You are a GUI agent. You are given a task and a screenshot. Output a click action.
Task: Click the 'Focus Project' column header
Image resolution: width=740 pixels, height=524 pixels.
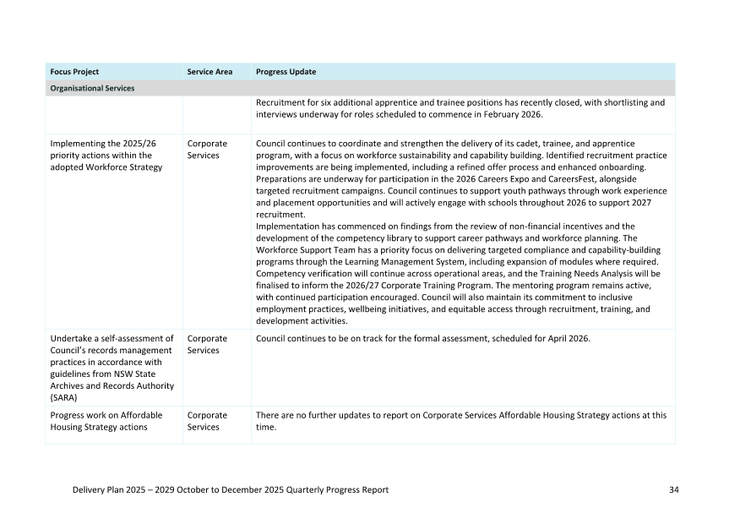click(74, 72)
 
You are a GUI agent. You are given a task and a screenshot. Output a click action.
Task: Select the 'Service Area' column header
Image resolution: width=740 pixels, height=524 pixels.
click(209, 72)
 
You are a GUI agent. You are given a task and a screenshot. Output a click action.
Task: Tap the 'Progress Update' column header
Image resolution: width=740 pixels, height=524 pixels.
click(286, 72)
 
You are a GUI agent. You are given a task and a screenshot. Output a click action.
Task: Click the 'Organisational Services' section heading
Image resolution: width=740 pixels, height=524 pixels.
click(92, 88)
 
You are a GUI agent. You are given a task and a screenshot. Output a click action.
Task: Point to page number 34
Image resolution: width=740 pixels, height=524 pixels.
click(673, 490)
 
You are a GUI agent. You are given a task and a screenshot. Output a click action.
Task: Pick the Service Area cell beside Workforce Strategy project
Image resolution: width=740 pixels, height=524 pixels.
click(207, 150)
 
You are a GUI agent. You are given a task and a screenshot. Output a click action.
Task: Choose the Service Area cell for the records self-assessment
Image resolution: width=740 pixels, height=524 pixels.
click(207, 345)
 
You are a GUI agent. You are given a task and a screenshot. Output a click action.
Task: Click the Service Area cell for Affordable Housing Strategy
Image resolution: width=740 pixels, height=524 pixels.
click(207, 421)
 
